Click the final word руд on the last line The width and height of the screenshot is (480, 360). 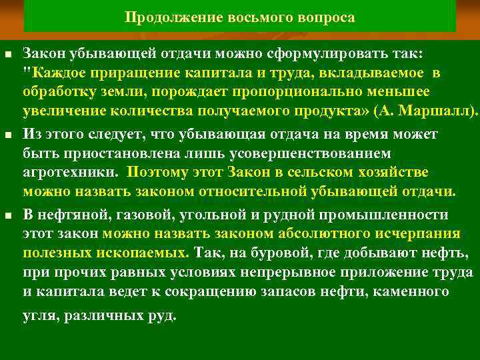[165, 315]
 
